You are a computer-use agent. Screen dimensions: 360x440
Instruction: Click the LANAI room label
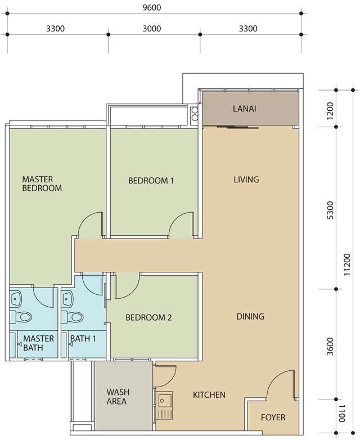click(x=244, y=109)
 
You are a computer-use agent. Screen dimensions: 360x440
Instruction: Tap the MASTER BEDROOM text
click(x=42, y=183)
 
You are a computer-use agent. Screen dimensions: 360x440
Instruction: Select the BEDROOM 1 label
click(x=151, y=180)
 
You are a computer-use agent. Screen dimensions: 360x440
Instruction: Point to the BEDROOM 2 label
click(x=148, y=317)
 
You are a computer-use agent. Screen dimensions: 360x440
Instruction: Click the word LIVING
click(x=246, y=179)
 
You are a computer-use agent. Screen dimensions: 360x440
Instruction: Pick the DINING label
click(x=250, y=316)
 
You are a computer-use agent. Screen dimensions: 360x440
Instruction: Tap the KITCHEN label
click(x=209, y=395)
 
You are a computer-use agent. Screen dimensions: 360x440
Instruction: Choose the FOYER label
click(x=273, y=417)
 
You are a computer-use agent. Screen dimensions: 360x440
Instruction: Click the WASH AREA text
click(x=118, y=396)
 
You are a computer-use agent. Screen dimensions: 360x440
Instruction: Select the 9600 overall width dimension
click(x=152, y=7)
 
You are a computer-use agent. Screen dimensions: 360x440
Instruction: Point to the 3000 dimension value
click(x=152, y=29)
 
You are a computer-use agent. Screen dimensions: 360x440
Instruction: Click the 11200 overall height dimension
click(x=347, y=264)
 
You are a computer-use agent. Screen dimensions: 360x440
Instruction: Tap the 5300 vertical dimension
click(x=331, y=210)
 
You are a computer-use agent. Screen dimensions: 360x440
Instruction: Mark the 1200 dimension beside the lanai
click(x=331, y=110)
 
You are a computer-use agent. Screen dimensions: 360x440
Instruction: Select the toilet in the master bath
click(x=21, y=317)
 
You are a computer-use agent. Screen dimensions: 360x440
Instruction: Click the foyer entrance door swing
click(x=281, y=383)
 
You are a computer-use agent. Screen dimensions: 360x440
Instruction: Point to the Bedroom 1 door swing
click(x=182, y=223)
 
